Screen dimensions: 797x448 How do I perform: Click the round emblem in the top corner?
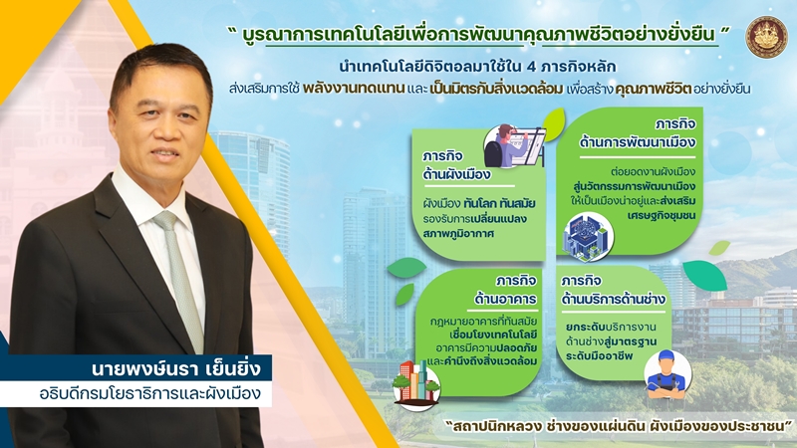(766, 37)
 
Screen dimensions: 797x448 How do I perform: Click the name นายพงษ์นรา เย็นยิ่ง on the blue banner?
(176, 367)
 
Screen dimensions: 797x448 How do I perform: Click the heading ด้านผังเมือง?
(456, 174)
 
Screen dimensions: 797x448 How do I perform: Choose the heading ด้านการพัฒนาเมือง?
(637, 142)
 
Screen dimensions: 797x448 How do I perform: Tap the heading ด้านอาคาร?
(505, 299)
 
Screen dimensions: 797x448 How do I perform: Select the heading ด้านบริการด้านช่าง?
(613, 299)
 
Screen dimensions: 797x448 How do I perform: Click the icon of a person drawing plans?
(514, 146)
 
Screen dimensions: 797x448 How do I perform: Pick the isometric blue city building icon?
(587, 238)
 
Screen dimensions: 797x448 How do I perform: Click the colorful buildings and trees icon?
(416, 386)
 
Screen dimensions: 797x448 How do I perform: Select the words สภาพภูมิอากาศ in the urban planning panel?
(458, 235)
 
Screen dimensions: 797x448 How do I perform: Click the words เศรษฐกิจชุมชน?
(661, 215)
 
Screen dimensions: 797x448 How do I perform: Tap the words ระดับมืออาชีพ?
(600, 356)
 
